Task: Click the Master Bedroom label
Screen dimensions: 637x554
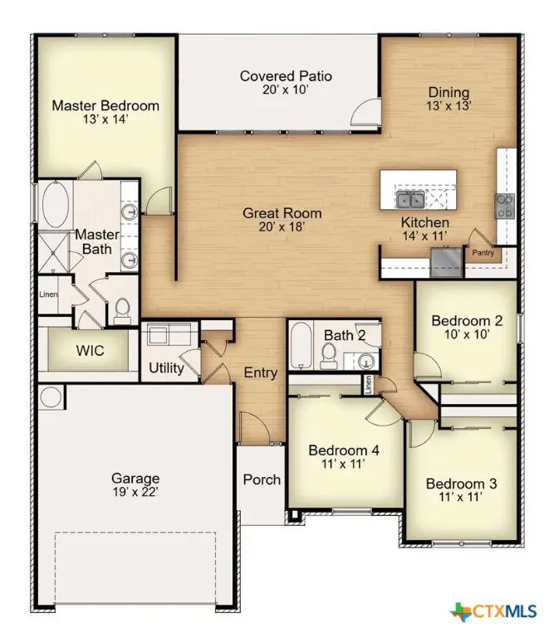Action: click(x=105, y=105)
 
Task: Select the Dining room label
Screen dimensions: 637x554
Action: click(x=449, y=93)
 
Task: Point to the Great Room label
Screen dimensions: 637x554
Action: click(x=282, y=213)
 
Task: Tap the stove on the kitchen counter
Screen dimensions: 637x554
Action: click(x=504, y=205)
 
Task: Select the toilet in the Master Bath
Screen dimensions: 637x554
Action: click(x=123, y=309)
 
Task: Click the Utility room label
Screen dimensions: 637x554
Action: click(x=166, y=367)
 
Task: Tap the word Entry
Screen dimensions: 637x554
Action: click(x=260, y=372)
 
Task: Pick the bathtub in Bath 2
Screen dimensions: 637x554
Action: click(x=299, y=348)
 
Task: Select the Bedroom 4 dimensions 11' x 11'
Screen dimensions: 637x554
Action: click(x=344, y=465)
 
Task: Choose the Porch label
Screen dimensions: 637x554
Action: click(x=262, y=479)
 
